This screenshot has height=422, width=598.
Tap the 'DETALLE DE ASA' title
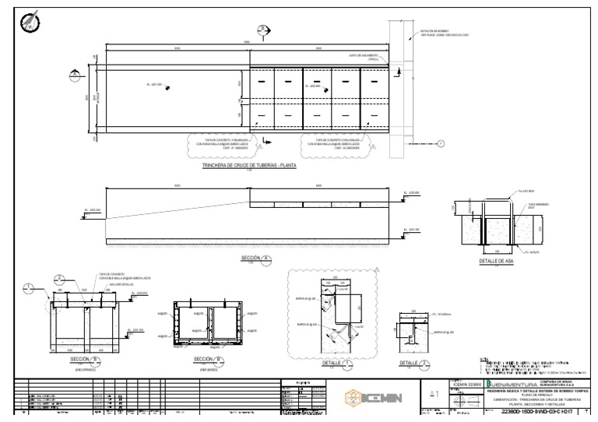[x=496, y=262]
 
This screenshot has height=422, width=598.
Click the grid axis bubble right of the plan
[x=441, y=143]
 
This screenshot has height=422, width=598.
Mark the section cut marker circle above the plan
[x=264, y=30]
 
